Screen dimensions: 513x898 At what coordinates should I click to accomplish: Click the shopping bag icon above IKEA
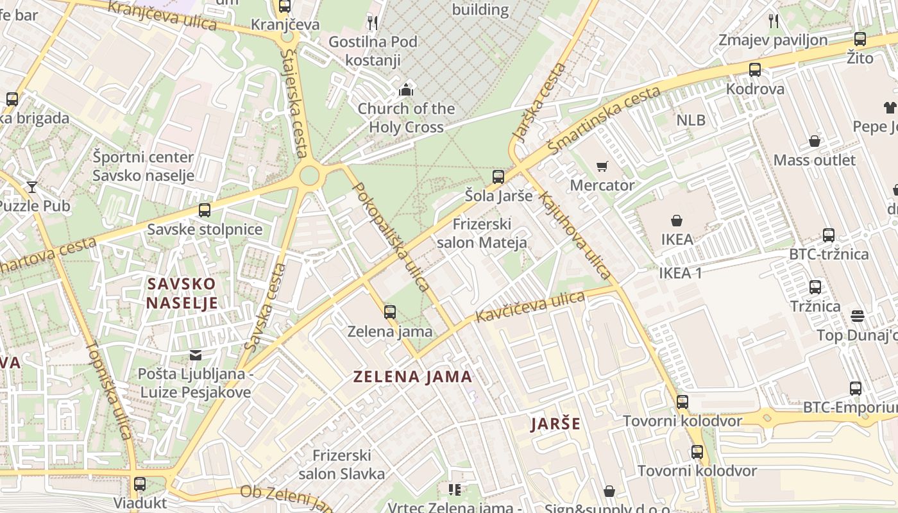pyautogui.click(x=676, y=221)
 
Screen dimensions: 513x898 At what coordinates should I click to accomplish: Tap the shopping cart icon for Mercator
pyautogui.click(x=602, y=167)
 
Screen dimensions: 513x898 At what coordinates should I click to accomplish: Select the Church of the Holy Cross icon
pyautogui.click(x=406, y=90)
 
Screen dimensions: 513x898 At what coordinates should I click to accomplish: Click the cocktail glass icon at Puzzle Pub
pyautogui.click(x=32, y=187)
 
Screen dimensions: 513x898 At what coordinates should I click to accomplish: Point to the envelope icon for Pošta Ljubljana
pyautogui.click(x=195, y=355)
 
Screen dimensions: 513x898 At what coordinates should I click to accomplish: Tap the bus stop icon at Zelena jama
pyautogui.click(x=389, y=312)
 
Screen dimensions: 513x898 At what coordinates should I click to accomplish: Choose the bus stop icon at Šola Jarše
pyautogui.click(x=498, y=177)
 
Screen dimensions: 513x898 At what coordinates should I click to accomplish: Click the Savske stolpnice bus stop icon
pyautogui.click(x=205, y=210)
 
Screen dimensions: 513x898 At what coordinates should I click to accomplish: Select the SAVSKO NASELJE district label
pyautogui.click(x=182, y=293)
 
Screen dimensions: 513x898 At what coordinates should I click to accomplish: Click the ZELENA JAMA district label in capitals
pyautogui.click(x=413, y=376)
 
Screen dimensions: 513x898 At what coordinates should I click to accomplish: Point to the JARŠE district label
pyautogui.click(x=555, y=424)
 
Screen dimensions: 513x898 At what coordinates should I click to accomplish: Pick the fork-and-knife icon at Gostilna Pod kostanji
pyautogui.click(x=373, y=24)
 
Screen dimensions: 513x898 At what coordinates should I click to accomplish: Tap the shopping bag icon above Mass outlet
pyautogui.click(x=814, y=141)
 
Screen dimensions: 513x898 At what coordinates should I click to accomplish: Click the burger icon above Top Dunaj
pyautogui.click(x=858, y=316)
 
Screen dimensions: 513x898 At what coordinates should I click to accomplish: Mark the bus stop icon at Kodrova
pyautogui.click(x=755, y=70)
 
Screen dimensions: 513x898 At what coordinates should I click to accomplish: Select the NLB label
pyautogui.click(x=691, y=120)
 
